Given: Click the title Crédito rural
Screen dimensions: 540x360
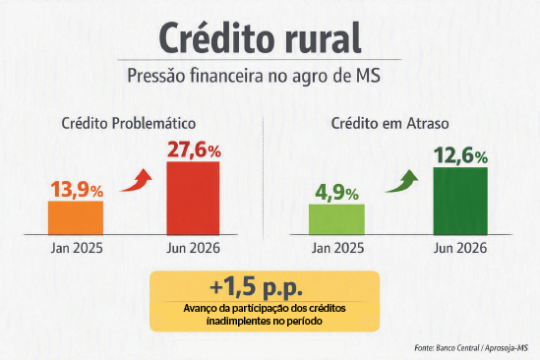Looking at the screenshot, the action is click(x=260, y=37).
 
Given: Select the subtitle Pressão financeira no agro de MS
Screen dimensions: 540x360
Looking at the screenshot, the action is click(x=254, y=76).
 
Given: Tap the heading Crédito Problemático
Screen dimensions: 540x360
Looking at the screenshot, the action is click(x=129, y=123).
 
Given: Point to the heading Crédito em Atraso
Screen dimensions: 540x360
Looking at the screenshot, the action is click(x=390, y=123).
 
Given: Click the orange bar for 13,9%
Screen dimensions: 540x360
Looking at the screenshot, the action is click(x=76, y=218).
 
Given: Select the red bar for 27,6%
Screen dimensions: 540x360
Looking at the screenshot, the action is click(x=193, y=199).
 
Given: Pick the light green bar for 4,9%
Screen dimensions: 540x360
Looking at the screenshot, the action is click(x=336, y=219).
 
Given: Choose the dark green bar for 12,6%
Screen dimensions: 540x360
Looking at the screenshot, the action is click(x=460, y=202).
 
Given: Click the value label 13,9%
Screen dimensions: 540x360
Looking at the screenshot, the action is click(x=77, y=190).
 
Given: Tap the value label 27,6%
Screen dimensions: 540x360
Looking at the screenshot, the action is click(x=194, y=150).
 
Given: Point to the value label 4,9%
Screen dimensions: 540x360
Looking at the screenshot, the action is click(x=336, y=193).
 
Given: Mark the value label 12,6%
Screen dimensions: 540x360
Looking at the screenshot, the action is click(x=460, y=155).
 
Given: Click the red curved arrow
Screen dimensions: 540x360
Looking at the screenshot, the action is click(x=139, y=183).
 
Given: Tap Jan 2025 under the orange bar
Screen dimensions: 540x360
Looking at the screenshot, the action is click(x=77, y=248).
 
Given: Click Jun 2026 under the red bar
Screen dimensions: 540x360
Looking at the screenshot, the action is click(x=193, y=248).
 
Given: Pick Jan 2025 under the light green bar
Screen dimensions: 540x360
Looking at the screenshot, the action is click(x=337, y=248).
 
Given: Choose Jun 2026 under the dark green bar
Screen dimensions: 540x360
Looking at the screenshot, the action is click(x=460, y=248).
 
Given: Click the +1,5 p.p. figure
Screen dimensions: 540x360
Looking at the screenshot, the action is click(x=256, y=287).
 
